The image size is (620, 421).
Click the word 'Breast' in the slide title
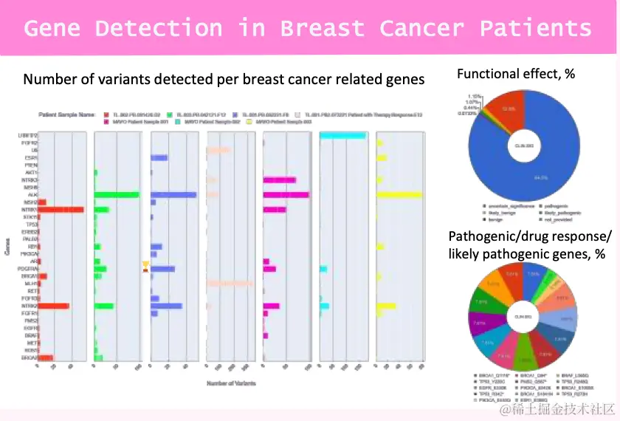321,28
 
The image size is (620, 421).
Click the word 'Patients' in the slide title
536,28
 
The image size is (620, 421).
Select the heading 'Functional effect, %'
516,74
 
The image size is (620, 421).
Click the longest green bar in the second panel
117,195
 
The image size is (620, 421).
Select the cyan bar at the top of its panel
343,135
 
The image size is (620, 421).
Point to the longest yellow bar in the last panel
399,195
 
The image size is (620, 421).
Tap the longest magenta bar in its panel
286,195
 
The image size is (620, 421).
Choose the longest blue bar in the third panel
173,195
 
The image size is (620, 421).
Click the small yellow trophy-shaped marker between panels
145,264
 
